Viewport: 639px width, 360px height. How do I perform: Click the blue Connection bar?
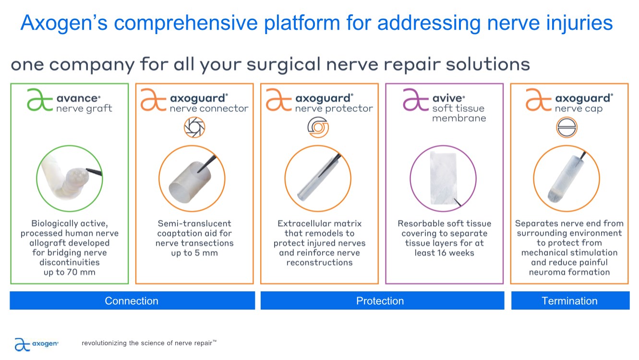click(133, 300)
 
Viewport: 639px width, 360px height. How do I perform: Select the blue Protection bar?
click(382, 300)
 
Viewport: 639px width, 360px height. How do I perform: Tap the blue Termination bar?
click(570, 300)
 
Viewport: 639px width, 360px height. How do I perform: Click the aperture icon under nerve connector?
click(194, 127)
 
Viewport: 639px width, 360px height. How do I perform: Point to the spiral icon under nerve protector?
click(318, 127)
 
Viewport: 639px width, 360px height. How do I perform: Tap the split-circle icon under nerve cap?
click(567, 127)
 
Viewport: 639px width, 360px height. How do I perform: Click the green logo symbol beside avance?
click(40, 99)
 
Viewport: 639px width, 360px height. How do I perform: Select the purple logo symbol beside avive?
click(415, 99)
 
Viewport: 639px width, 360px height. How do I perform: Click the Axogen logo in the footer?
click(36, 344)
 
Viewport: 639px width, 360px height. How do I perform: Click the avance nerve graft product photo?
click(70, 179)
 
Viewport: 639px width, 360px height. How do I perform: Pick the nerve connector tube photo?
click(192, 179)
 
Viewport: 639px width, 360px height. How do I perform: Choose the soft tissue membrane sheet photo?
click(443, 179)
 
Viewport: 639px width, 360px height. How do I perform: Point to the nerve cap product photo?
click(567, 179)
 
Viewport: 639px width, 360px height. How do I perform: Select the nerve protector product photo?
click(318, 179)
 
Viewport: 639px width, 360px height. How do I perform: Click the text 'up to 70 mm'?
click(69, 272)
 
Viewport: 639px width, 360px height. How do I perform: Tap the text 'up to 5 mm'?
click(194, 253)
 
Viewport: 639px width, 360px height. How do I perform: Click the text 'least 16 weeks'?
click(444, 253)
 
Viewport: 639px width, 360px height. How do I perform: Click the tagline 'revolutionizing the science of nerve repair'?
click(147, 343)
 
